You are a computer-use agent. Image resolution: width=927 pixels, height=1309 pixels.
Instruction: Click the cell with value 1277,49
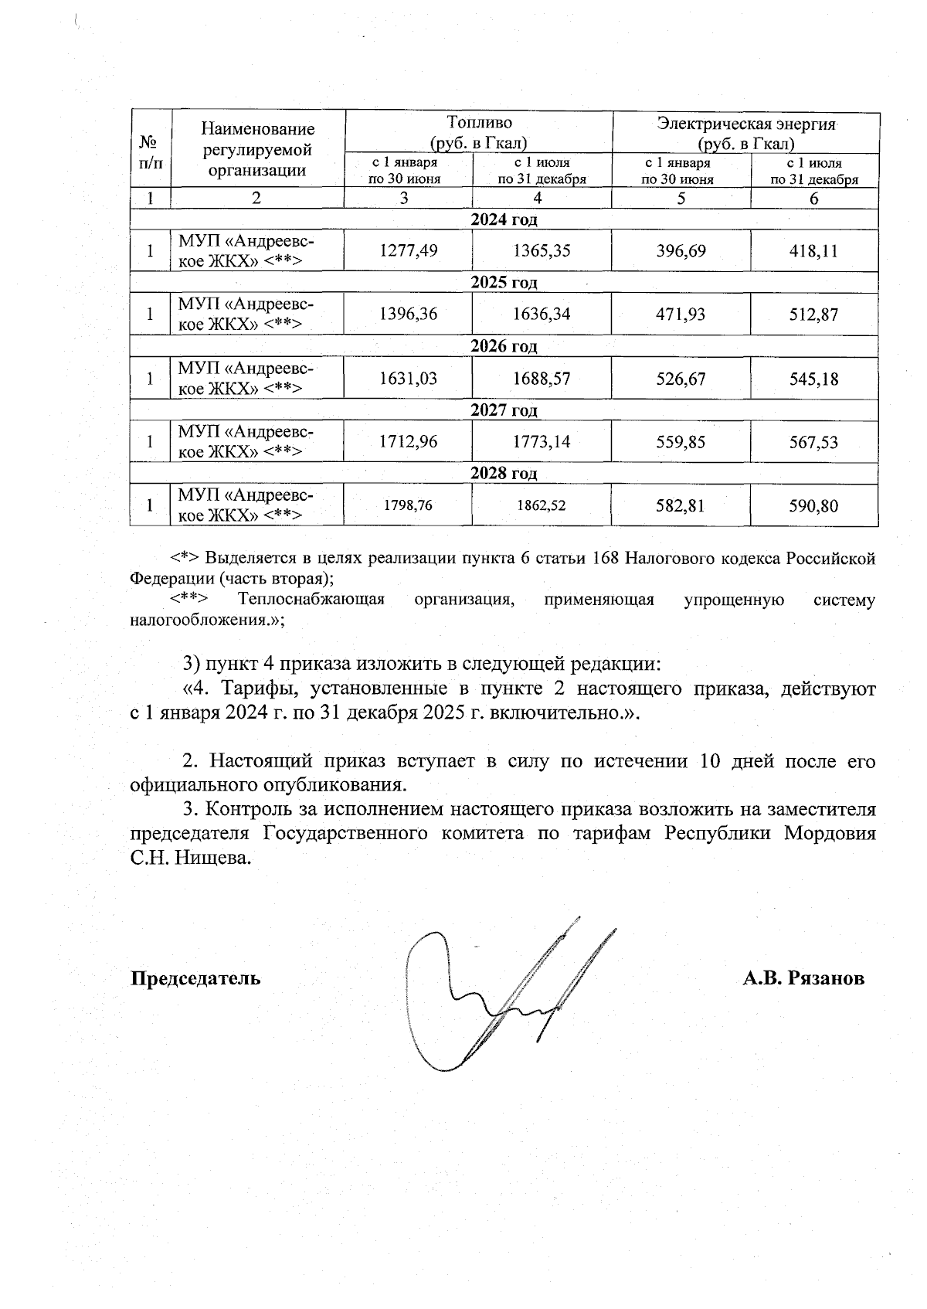pos(409,251)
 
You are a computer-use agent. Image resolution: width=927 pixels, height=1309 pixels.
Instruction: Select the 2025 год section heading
pos(504,282)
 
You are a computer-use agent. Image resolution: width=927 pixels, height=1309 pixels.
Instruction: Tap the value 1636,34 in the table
pos(542,314)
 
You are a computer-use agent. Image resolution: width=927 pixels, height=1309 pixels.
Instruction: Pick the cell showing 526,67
pos(681,379)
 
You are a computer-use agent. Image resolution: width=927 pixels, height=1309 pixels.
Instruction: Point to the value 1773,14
pos(542,442)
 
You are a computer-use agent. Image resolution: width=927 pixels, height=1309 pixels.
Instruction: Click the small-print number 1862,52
pos(542,505)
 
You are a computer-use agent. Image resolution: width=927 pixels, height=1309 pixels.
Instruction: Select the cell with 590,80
pos(813,506)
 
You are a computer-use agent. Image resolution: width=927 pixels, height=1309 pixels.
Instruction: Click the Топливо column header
pos(479,132)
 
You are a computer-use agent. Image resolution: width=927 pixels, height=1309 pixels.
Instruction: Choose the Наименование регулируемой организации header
pos(257,150)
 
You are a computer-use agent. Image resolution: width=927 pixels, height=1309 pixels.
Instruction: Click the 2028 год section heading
pos(504,473)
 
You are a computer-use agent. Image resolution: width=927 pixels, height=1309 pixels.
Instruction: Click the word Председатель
pos(195,978)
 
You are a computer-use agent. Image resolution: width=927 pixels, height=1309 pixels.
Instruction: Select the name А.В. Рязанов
pos(803,978)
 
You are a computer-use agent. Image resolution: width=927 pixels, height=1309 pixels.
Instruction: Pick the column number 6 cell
pos(813,199)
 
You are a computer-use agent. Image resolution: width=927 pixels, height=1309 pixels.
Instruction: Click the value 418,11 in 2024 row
pos(813,251)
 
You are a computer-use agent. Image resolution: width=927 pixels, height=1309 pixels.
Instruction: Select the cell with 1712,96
pos(409,442)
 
